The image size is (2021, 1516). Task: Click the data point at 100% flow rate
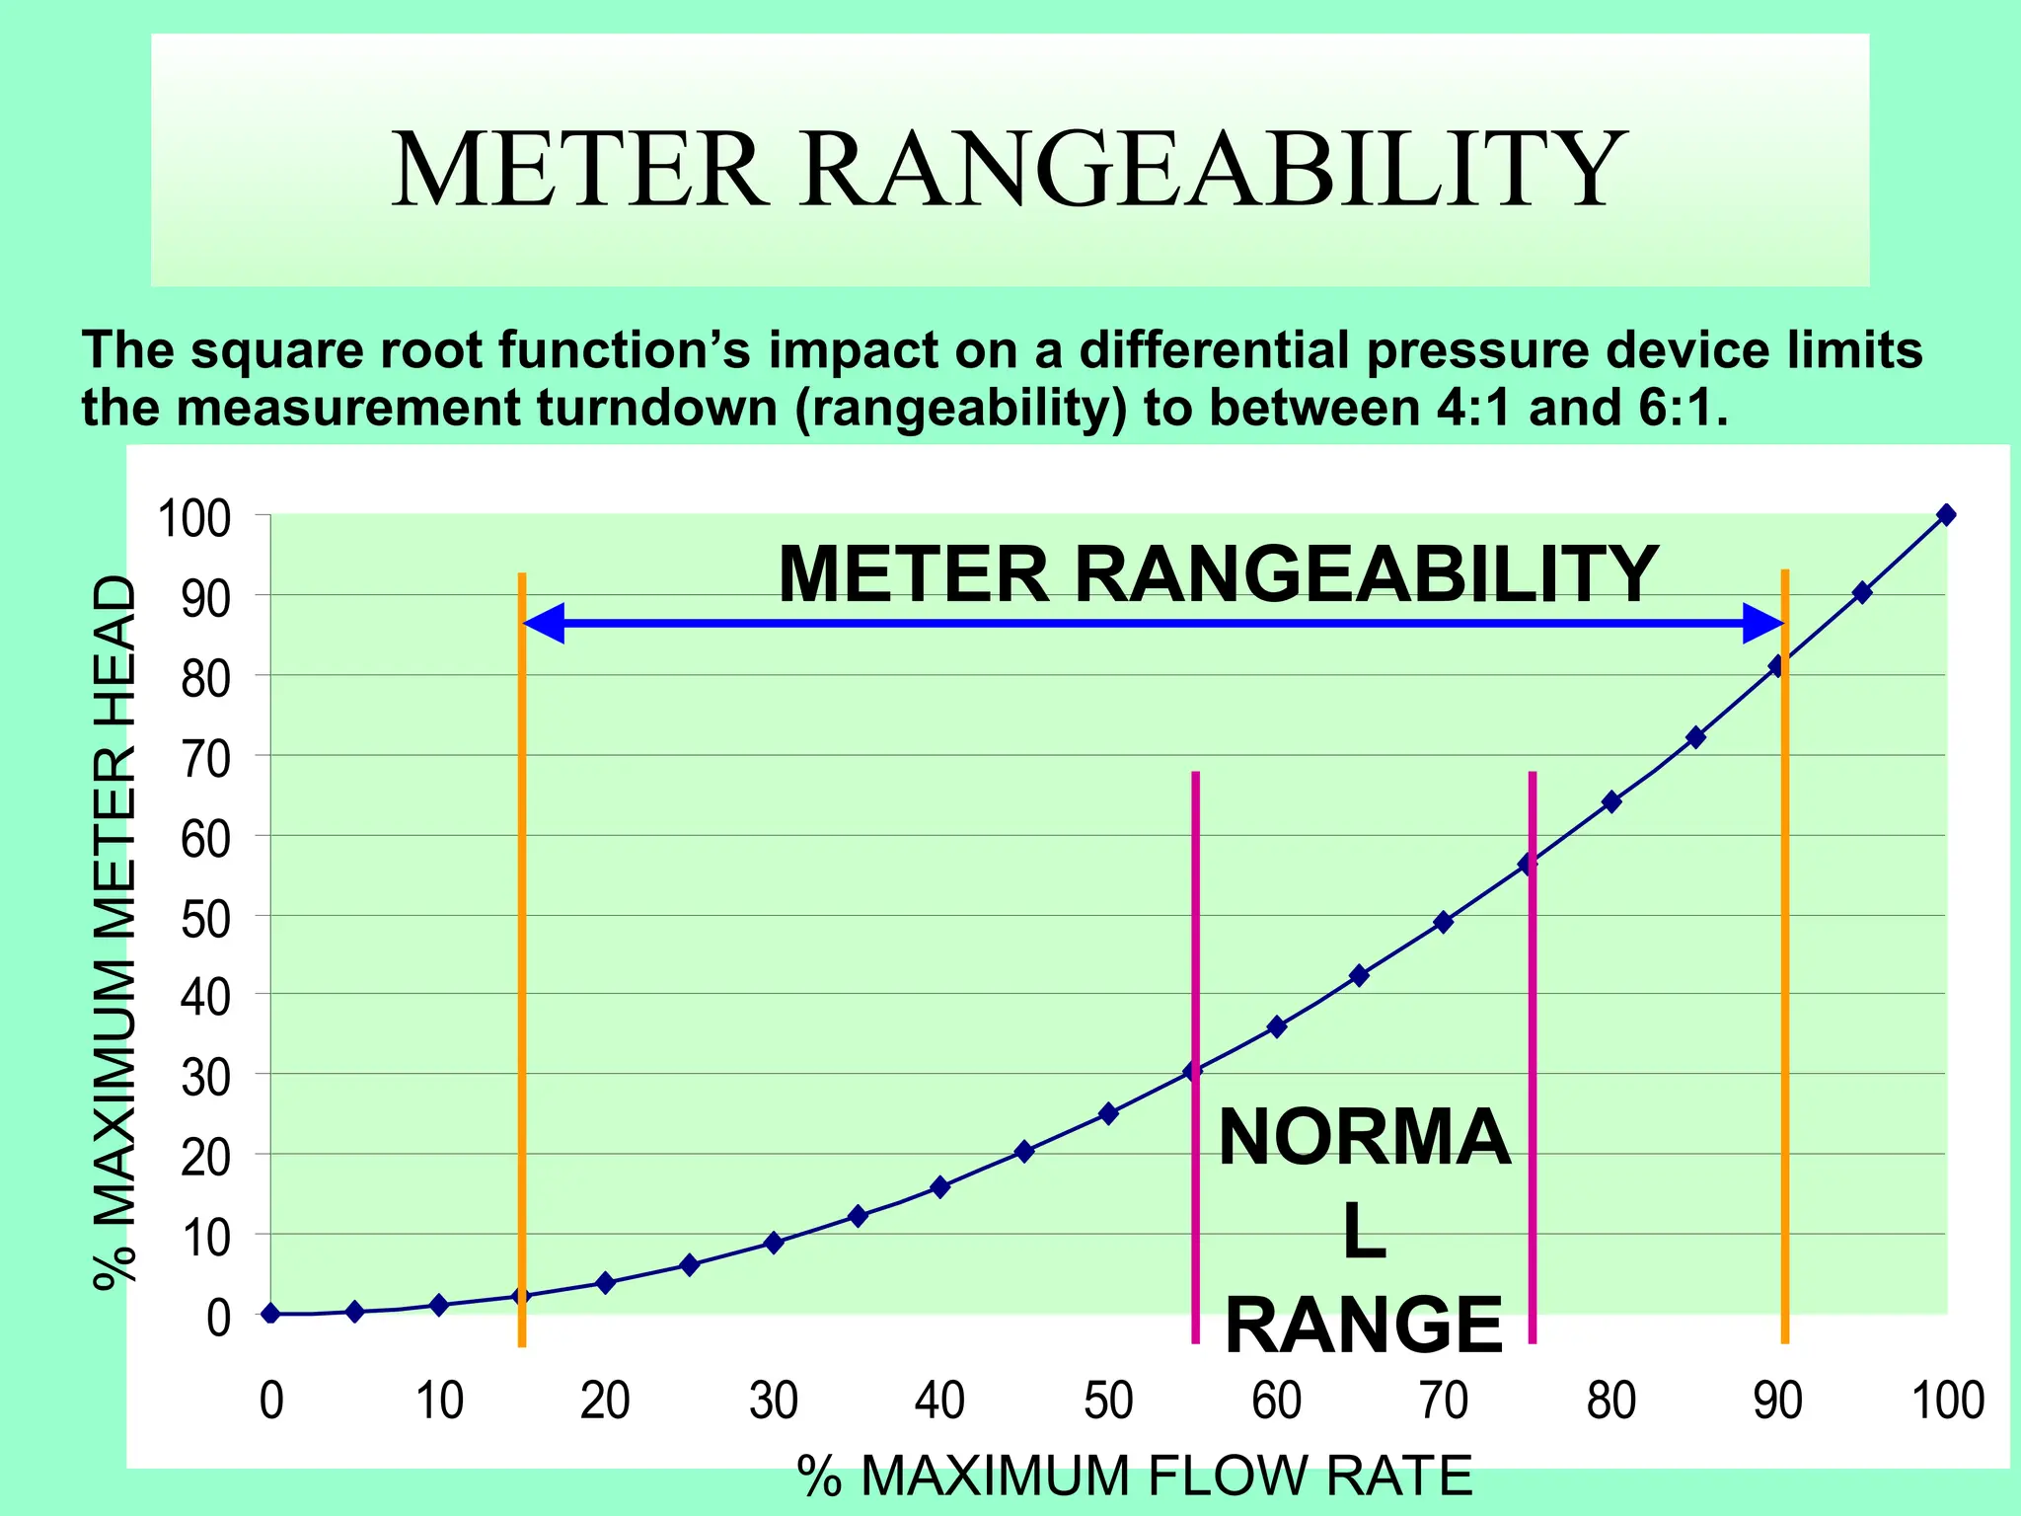click(1946, 514)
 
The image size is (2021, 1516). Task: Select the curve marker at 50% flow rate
click(1108, 1113)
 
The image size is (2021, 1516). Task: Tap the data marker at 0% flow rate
click(270, 1314)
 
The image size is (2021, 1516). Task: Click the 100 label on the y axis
click(193, 519)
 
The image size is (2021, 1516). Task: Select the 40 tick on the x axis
click(939, 1401)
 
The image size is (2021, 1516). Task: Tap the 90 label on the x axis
click(1777, 1401)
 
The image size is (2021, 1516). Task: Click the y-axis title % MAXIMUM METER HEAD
click(114, 933)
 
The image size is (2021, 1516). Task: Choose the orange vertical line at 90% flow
click(1785, 987)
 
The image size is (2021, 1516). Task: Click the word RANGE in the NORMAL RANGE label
click(1364, 1326)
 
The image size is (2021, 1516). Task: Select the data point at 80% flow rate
click(1611, 801)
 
